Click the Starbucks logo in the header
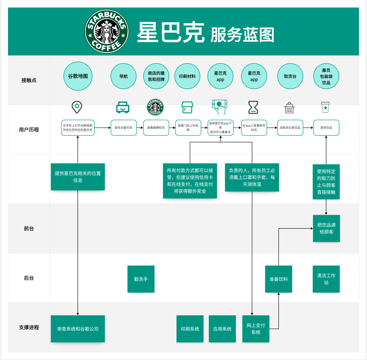pyautogui.click(x=107, y=32)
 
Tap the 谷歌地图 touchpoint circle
pyautogui.click(x=78, y=76)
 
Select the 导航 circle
pyautogui.click(x=123, y=76)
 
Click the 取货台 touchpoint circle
pyautogui.click(x=290, y=76)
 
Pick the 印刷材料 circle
pyautogui.click(x=187, y=76)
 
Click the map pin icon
pyautogui.click(x=77, y=108)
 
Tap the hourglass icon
pyautogui.click(x=253, y=108)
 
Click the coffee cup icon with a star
pyautogui.click(x=325, y=107)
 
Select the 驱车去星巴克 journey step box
pyautogui.click(x=123, y=128)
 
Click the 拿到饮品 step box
pyautogui.click(x=326, y=128)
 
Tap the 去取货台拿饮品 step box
pyautogui.click(x=290, y=128)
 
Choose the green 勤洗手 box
pyautogui.click(x=141, y=279)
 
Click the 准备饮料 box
pyautogui.click(x=279, y=279)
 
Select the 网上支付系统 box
pyautogui.click(x=256, y=329)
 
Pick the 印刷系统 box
pyautogui.click(x=190, y=329)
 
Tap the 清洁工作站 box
pyautogui.click(x=326, y=279)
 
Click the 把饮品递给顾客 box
pyautogui.click(x=326, y=228)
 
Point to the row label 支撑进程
pyautogui.click(x=29, y=327)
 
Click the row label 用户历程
pyautogui.click(x=29, y=130)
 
